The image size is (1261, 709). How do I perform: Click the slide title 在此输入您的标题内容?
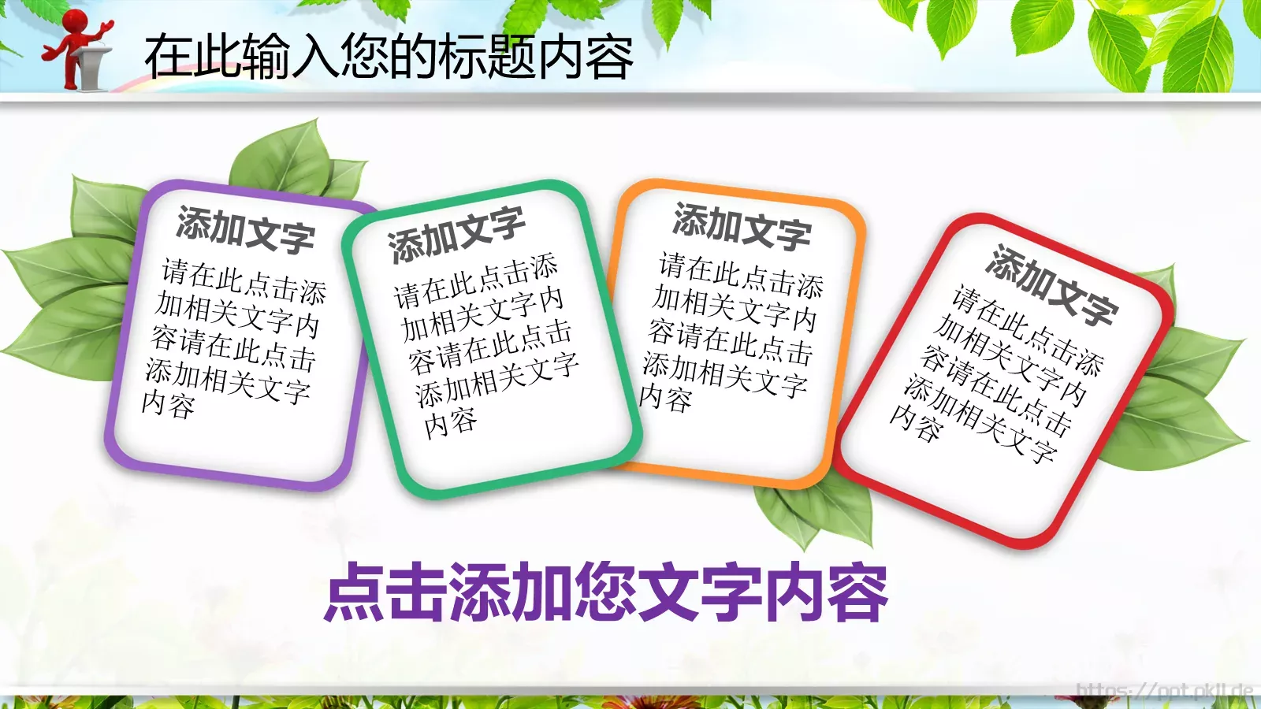coord(389,57)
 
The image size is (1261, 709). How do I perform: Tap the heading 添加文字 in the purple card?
coord(245,229)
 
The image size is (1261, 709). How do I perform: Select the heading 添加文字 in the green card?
coord(456,234)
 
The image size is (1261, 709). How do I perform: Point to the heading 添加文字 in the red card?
coord(1051,285)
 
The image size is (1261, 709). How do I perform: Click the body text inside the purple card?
coord(233,338)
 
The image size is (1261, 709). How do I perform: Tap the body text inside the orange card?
coord(732,332)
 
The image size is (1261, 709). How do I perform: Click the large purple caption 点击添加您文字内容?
coord(606,592)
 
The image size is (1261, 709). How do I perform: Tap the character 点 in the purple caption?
coord(354,592)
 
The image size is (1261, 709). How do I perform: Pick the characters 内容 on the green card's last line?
coord(450,423)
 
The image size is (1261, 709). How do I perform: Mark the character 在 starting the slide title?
coord(168,57)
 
